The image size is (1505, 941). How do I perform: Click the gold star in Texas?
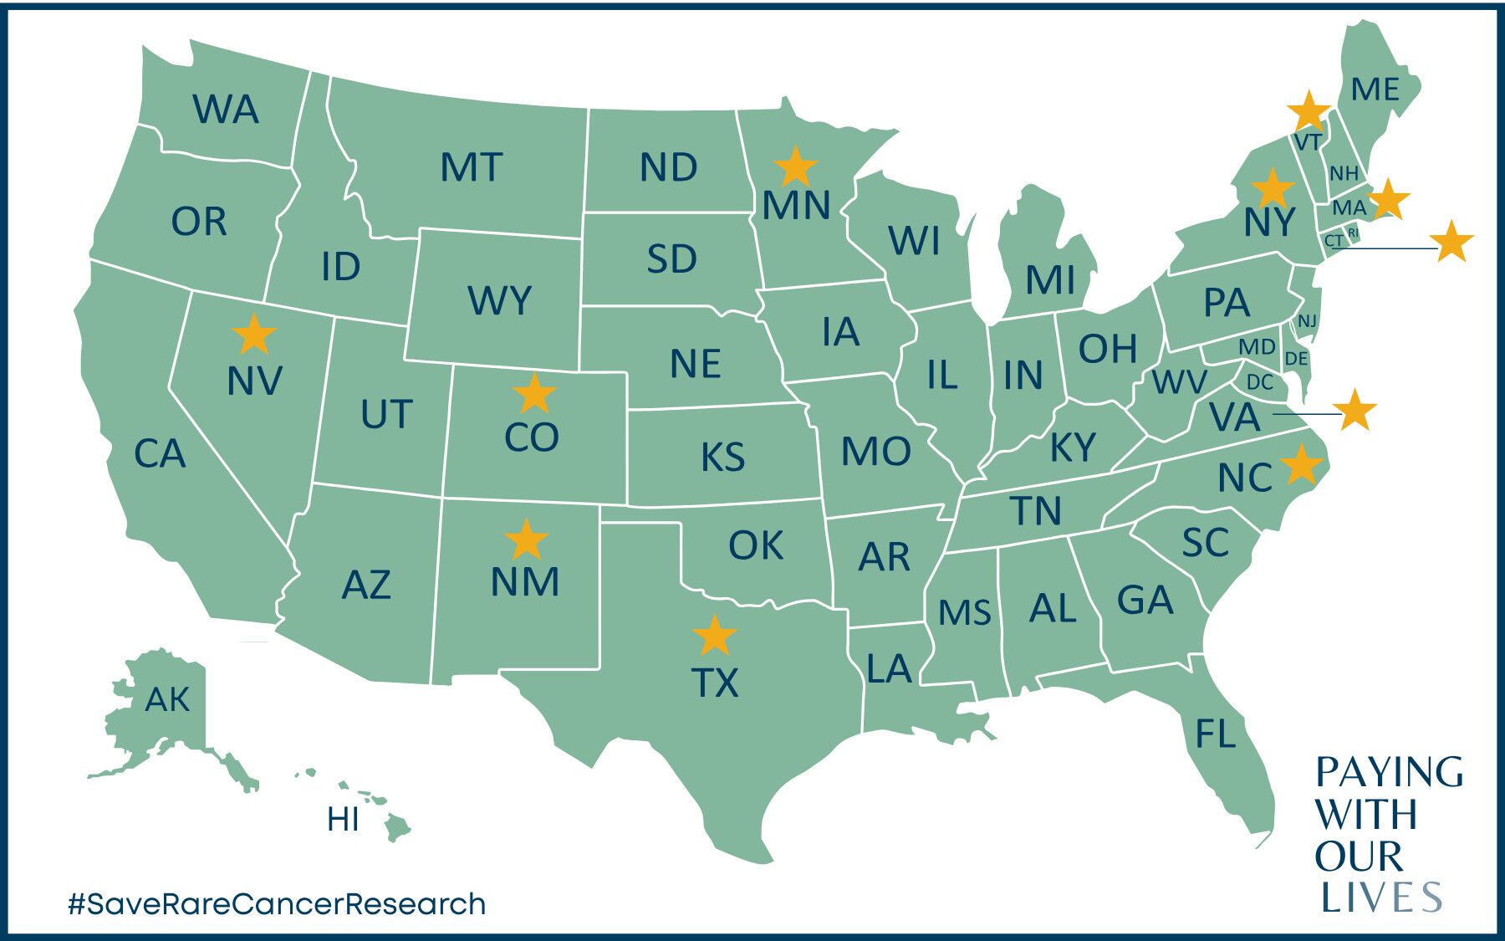coord(714,636)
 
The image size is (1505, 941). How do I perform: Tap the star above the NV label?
coord(254,334)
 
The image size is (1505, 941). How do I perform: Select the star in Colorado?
coord(534,393)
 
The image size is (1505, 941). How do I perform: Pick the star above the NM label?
coord(526,540)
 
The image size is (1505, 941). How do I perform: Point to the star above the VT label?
coord(1309,111)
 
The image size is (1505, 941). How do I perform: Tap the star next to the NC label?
coord(1302,464)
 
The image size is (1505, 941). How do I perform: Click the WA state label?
coord(226,110)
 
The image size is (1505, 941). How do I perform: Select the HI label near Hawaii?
coord(343,820)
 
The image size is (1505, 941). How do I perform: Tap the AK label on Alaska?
coord(167,699)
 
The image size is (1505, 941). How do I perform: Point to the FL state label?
coord(1215,734)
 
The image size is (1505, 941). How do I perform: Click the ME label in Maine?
coord(1375,89)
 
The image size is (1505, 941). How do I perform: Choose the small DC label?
coord(1259,382)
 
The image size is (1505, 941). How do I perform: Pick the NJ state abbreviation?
coord(1307,321)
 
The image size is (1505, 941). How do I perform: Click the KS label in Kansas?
coord(722,458)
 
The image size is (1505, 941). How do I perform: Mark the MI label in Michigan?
coord(1050,280)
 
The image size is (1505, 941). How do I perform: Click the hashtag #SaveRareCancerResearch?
coord(277,903)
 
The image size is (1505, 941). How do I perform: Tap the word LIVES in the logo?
coord(1381,898)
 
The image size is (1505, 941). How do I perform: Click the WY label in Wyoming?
coord(499,300)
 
